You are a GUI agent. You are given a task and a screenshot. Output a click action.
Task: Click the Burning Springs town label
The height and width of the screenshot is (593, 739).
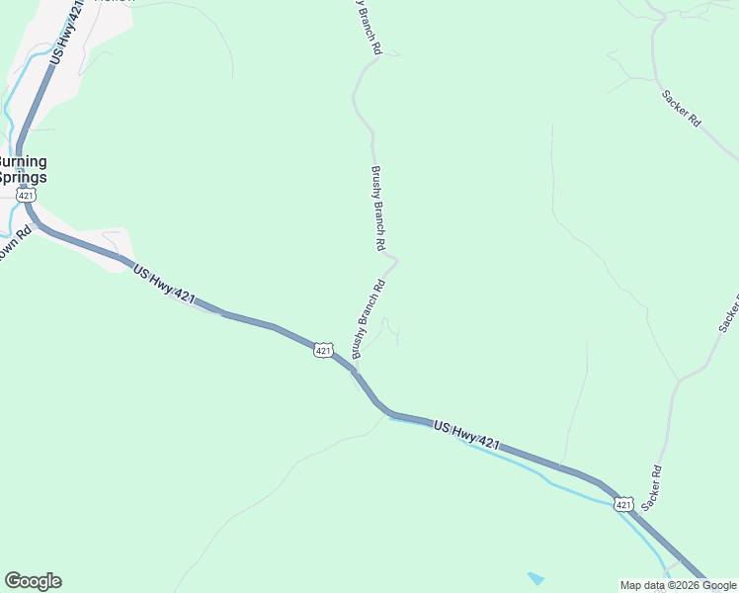coord(23,169)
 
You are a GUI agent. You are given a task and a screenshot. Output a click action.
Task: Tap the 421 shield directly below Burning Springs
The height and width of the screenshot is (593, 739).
coord(27,197)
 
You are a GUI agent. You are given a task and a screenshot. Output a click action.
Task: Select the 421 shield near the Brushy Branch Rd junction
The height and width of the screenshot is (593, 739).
coord(324,351)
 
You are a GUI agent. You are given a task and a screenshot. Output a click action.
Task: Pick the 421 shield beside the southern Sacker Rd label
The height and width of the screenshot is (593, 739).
coord(622,505)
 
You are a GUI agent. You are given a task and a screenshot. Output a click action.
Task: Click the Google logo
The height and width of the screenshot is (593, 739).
coord(33,581)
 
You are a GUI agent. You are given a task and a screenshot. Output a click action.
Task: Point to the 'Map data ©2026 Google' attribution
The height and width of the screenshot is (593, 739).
coord(679,585)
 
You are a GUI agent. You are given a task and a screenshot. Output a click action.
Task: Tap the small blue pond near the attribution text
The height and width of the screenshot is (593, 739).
coord(535,577)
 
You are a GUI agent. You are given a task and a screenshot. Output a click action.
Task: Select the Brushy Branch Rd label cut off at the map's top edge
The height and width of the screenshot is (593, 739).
coord(369,25)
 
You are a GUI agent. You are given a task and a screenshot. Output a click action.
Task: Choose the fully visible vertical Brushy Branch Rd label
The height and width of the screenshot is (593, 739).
coord(377,207)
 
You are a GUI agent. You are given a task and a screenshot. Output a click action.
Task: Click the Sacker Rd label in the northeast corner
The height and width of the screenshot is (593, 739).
coord(681,108)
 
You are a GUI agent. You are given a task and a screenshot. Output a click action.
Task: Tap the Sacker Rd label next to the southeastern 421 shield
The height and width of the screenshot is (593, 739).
coord(650,488)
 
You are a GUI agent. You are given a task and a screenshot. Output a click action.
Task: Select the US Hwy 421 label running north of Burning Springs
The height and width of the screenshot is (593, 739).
coord(62,33)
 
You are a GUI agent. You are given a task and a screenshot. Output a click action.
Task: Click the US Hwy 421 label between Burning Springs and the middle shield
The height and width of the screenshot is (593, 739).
coord(164,284)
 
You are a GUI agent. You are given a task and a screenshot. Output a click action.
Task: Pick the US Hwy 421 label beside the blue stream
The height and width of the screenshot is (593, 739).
coord(467,436)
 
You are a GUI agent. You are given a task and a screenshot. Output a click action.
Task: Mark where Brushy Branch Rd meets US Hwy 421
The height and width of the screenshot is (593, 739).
coord(354,368)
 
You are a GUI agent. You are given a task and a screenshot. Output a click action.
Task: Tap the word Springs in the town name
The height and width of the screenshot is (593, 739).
coord(23,178)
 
